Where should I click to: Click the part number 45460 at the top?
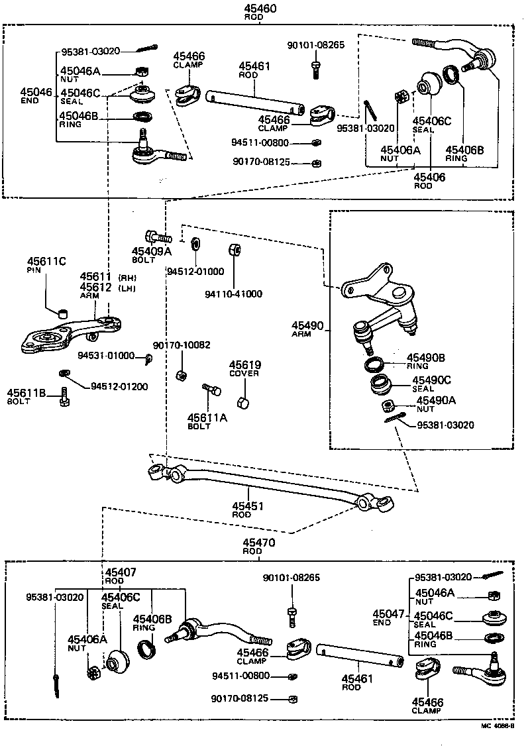point(260,8)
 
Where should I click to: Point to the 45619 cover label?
point(245,365)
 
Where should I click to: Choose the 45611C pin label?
point(46,262)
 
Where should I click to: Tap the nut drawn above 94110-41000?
point(235,250)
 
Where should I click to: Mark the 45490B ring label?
point(425,358)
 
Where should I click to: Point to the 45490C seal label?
point(431,380)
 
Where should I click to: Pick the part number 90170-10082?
point(182,345)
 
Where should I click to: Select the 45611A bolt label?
point(207,417)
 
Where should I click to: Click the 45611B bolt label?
point(26,393)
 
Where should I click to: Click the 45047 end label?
point(388,614)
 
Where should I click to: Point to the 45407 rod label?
point(121,572)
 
